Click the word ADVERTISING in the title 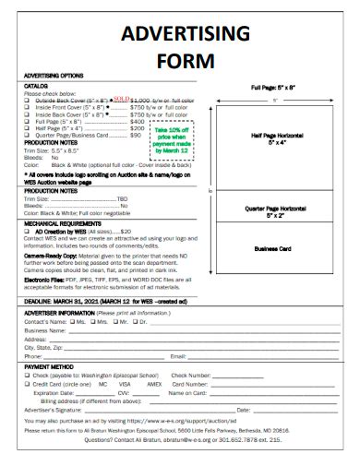(x=181, y=34)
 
